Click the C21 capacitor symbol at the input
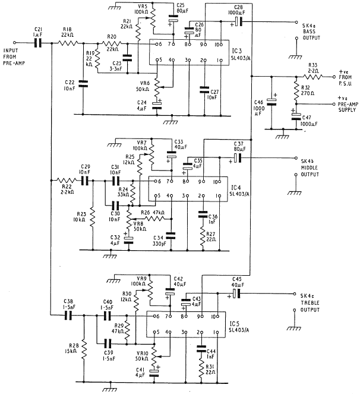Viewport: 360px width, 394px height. pos(38,43)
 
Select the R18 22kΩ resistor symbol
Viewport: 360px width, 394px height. pos(68,43)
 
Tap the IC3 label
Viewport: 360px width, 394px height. pos(236,51)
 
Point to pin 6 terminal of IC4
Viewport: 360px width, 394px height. pos(156,181)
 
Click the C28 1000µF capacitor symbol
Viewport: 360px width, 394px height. pos(238,22)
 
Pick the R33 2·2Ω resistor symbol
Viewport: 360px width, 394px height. pos(312,77)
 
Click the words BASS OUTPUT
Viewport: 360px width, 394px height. pos(311,34)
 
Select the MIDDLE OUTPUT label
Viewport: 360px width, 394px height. pos(310,171)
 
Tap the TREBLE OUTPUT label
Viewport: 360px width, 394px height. pos(310,306)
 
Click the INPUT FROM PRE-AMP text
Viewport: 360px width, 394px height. pos(14,57)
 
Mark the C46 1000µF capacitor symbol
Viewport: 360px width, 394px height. pos(271,102)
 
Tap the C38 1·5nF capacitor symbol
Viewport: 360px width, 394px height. pos(68,315)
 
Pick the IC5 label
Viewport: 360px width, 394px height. pos(234,323)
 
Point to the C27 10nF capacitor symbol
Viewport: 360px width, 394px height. pos(204,90)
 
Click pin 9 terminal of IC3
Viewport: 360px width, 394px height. pos(206,45)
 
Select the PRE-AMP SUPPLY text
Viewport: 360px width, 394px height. pos(348,107)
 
